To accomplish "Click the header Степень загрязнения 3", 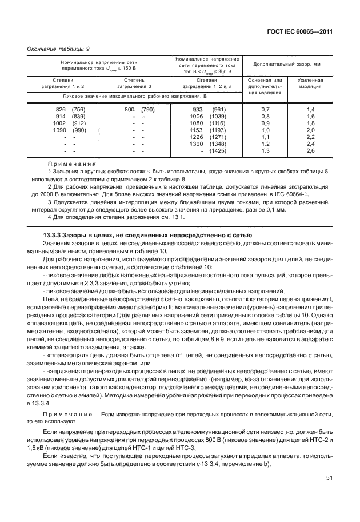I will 137,84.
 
